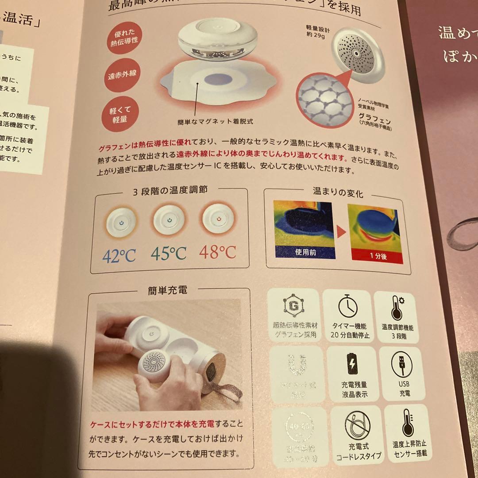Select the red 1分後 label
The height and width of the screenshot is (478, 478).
tap(375, 255)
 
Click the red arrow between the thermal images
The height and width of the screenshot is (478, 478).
tap(339, 231)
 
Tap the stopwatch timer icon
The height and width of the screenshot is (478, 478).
tap(348, 306)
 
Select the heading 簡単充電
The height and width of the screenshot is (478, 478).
tap(167, 290)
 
